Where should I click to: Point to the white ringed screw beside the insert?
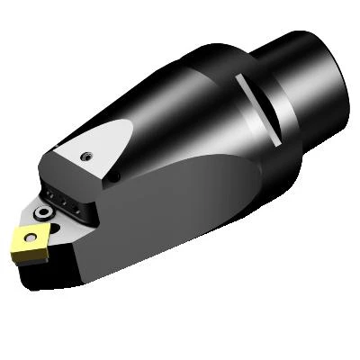pos(43,212)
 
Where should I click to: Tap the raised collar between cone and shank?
pos(270,67)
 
